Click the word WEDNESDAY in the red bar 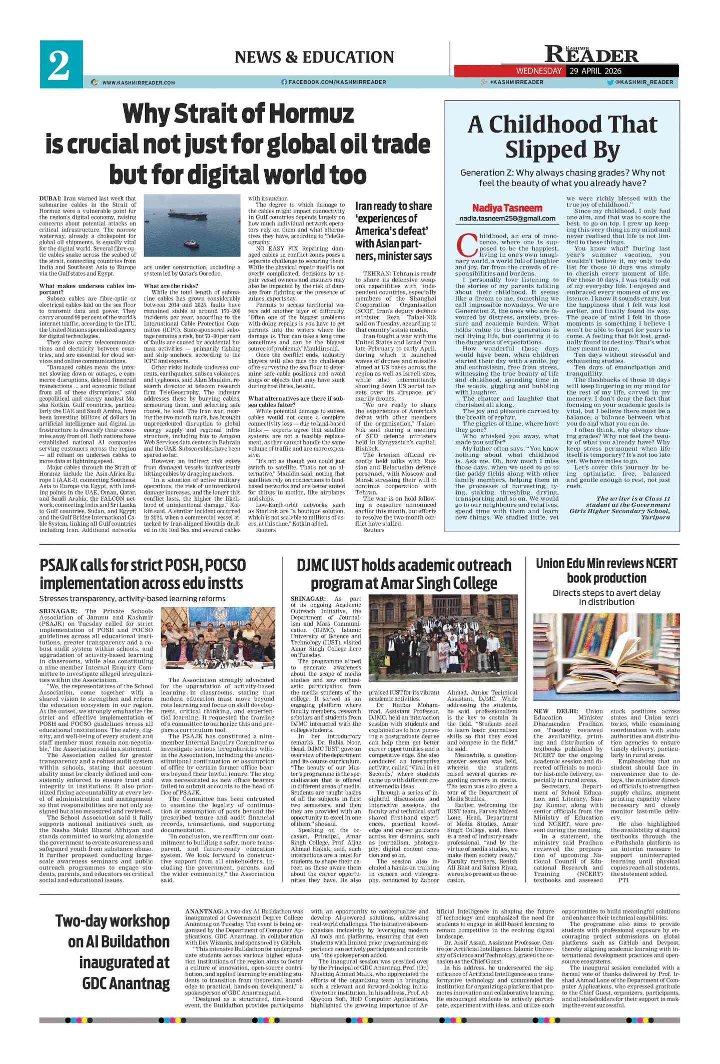(x=538, y=71)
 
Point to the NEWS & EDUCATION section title (x=314, y=57)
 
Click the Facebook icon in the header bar (x=284, y=82)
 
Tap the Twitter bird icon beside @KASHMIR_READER (x=610, y=82)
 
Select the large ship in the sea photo (x=185, y=213)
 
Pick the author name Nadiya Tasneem (x=507, y=208)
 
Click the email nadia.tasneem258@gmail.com (x=507, y=219)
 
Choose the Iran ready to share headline (x=394, y=231)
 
